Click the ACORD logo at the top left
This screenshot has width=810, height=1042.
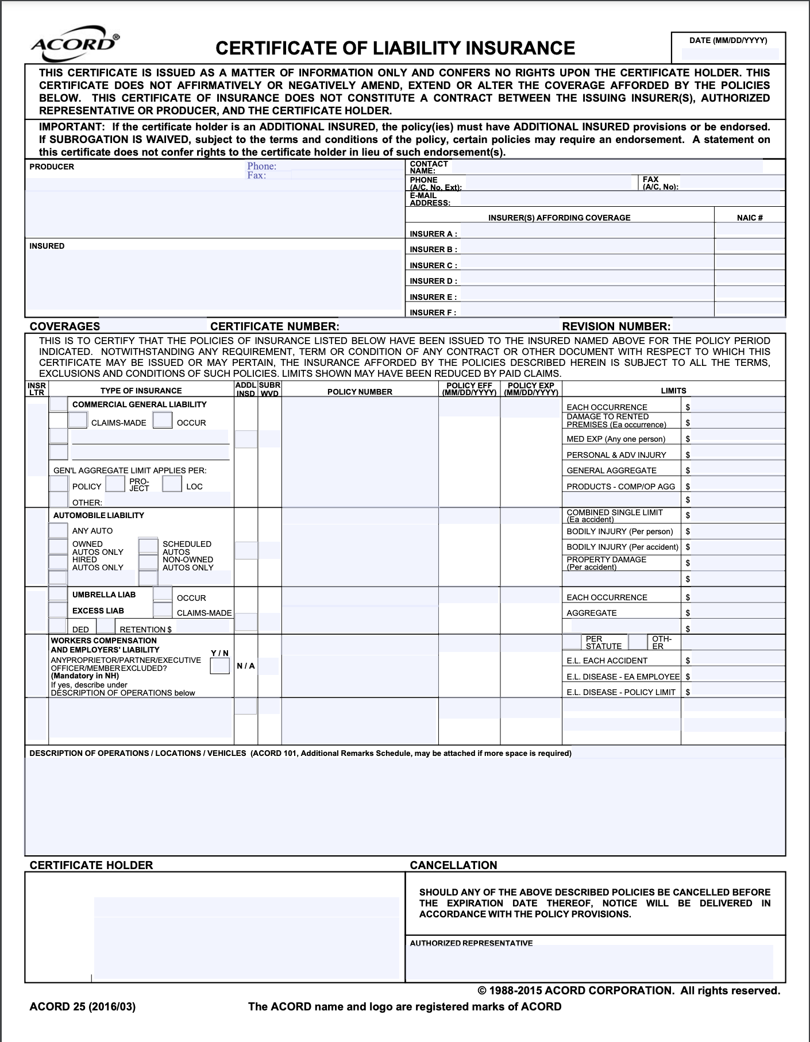click(x=75, y=44)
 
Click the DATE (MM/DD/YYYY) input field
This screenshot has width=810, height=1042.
click(x=730, y=54)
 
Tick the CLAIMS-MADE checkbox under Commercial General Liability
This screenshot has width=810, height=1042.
click(x=78, y=420)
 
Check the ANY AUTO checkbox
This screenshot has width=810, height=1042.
click(x=58, y=530)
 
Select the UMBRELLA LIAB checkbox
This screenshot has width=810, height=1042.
click(x=58, y=594)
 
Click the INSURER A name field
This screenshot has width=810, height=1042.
click(x=587, y=231)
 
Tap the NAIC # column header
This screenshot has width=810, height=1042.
click(x=749, y=218)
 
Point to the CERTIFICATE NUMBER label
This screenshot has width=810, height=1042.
click(x=274, y=326)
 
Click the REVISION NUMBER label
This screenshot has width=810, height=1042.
click(x=616, y=326)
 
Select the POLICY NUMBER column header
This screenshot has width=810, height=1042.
click(x=360, y=392)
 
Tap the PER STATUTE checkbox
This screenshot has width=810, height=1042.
click(x=572, y=642)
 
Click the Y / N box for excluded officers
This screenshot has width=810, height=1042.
click(x=220, y=666)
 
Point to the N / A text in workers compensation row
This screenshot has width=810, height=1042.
click(x=246, y=666)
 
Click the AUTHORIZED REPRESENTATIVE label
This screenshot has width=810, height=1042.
click(x=471, y=943)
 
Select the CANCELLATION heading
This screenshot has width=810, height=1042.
click(x=453, y=865)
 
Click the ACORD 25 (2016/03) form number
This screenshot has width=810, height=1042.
click(x=83, y=1006)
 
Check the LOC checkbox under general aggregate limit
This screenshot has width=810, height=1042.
click(x=172, y=484)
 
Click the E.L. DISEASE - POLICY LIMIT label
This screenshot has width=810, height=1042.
click(x=620, y=692)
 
